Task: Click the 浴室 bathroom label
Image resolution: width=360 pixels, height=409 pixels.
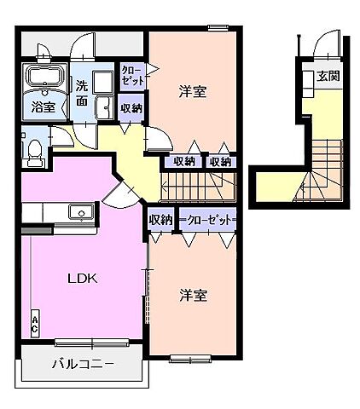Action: [44, 107]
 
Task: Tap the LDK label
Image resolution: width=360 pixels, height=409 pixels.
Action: [84, 279]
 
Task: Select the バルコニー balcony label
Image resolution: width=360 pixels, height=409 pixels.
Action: [83, 366]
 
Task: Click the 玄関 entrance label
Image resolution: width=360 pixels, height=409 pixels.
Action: [328, 76]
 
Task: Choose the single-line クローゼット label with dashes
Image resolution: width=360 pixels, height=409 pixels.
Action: [206, 220]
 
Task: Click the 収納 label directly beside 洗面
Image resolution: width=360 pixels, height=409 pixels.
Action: [131, 107]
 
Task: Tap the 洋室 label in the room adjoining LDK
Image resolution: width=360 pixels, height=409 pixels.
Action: [193, 296]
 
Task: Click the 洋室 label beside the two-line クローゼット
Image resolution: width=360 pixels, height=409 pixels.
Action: [193, 91]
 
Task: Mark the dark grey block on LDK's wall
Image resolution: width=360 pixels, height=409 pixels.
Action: [35, 230]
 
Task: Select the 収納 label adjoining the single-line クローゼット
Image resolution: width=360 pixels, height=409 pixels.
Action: [160, 220]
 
